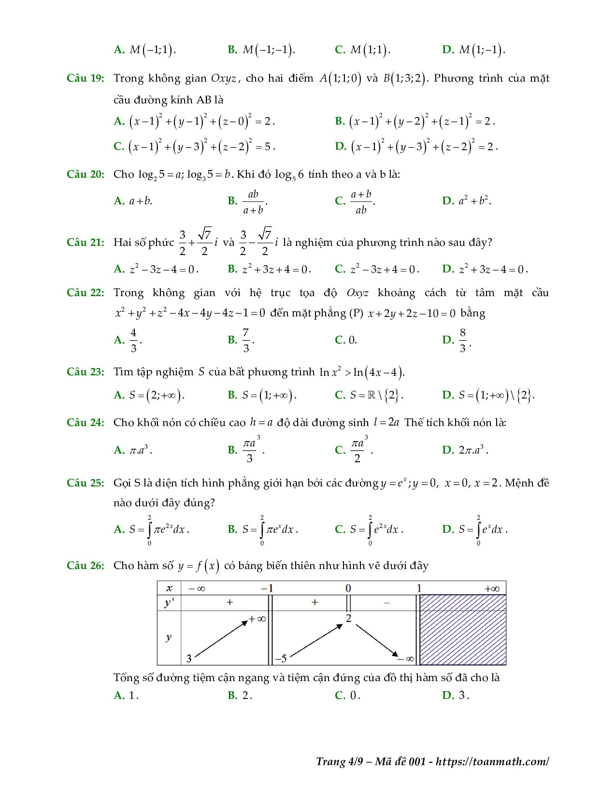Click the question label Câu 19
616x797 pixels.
tap(85, 78)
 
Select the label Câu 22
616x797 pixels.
tap(85, 293)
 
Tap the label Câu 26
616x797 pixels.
tap(85, 565)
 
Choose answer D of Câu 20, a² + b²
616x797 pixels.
tap(474, 201)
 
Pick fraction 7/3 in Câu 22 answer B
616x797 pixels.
tap(246, 340)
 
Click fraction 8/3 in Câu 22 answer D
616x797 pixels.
tap(462, 340)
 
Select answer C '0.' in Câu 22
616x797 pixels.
tap(353, 340)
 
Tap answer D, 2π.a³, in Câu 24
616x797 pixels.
tap(473, 450)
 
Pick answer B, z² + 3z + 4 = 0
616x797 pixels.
tap(276, 269)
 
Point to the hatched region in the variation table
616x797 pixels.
tap(462, 630)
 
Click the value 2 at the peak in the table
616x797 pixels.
tap(348, 618)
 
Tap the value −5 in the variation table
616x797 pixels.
tap(281, 658)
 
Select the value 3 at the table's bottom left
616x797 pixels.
tap(189, 658)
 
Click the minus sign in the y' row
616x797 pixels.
tap(387, 603)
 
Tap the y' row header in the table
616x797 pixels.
tap(169, 603)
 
